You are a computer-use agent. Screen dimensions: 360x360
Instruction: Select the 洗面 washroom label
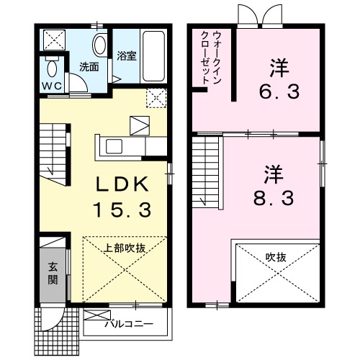point(89,68)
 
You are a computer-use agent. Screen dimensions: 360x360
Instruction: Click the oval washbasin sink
point(99,43)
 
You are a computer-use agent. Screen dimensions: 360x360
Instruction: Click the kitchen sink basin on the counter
point(114,146)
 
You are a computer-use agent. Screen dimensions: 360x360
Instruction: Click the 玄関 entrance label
point(53,271)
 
